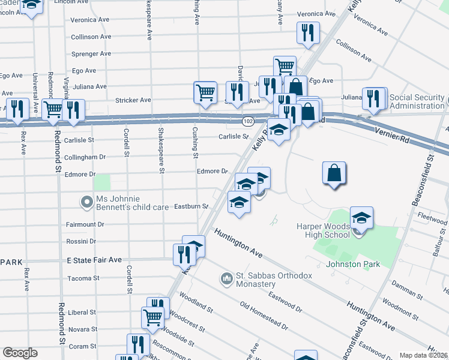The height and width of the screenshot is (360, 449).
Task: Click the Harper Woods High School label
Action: point(322,230)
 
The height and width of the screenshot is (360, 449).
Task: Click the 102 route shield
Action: point(247,121)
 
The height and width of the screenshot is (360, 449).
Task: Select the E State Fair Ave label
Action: point(94,260)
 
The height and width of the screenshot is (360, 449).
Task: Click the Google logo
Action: point(20,353)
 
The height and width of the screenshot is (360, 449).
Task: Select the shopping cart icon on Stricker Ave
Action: point(205,92)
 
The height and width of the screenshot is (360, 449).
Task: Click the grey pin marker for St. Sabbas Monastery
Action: point(226,278)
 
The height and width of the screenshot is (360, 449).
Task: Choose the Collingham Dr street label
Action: point(86,157)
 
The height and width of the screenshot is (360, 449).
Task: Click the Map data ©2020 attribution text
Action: point(424,355)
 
